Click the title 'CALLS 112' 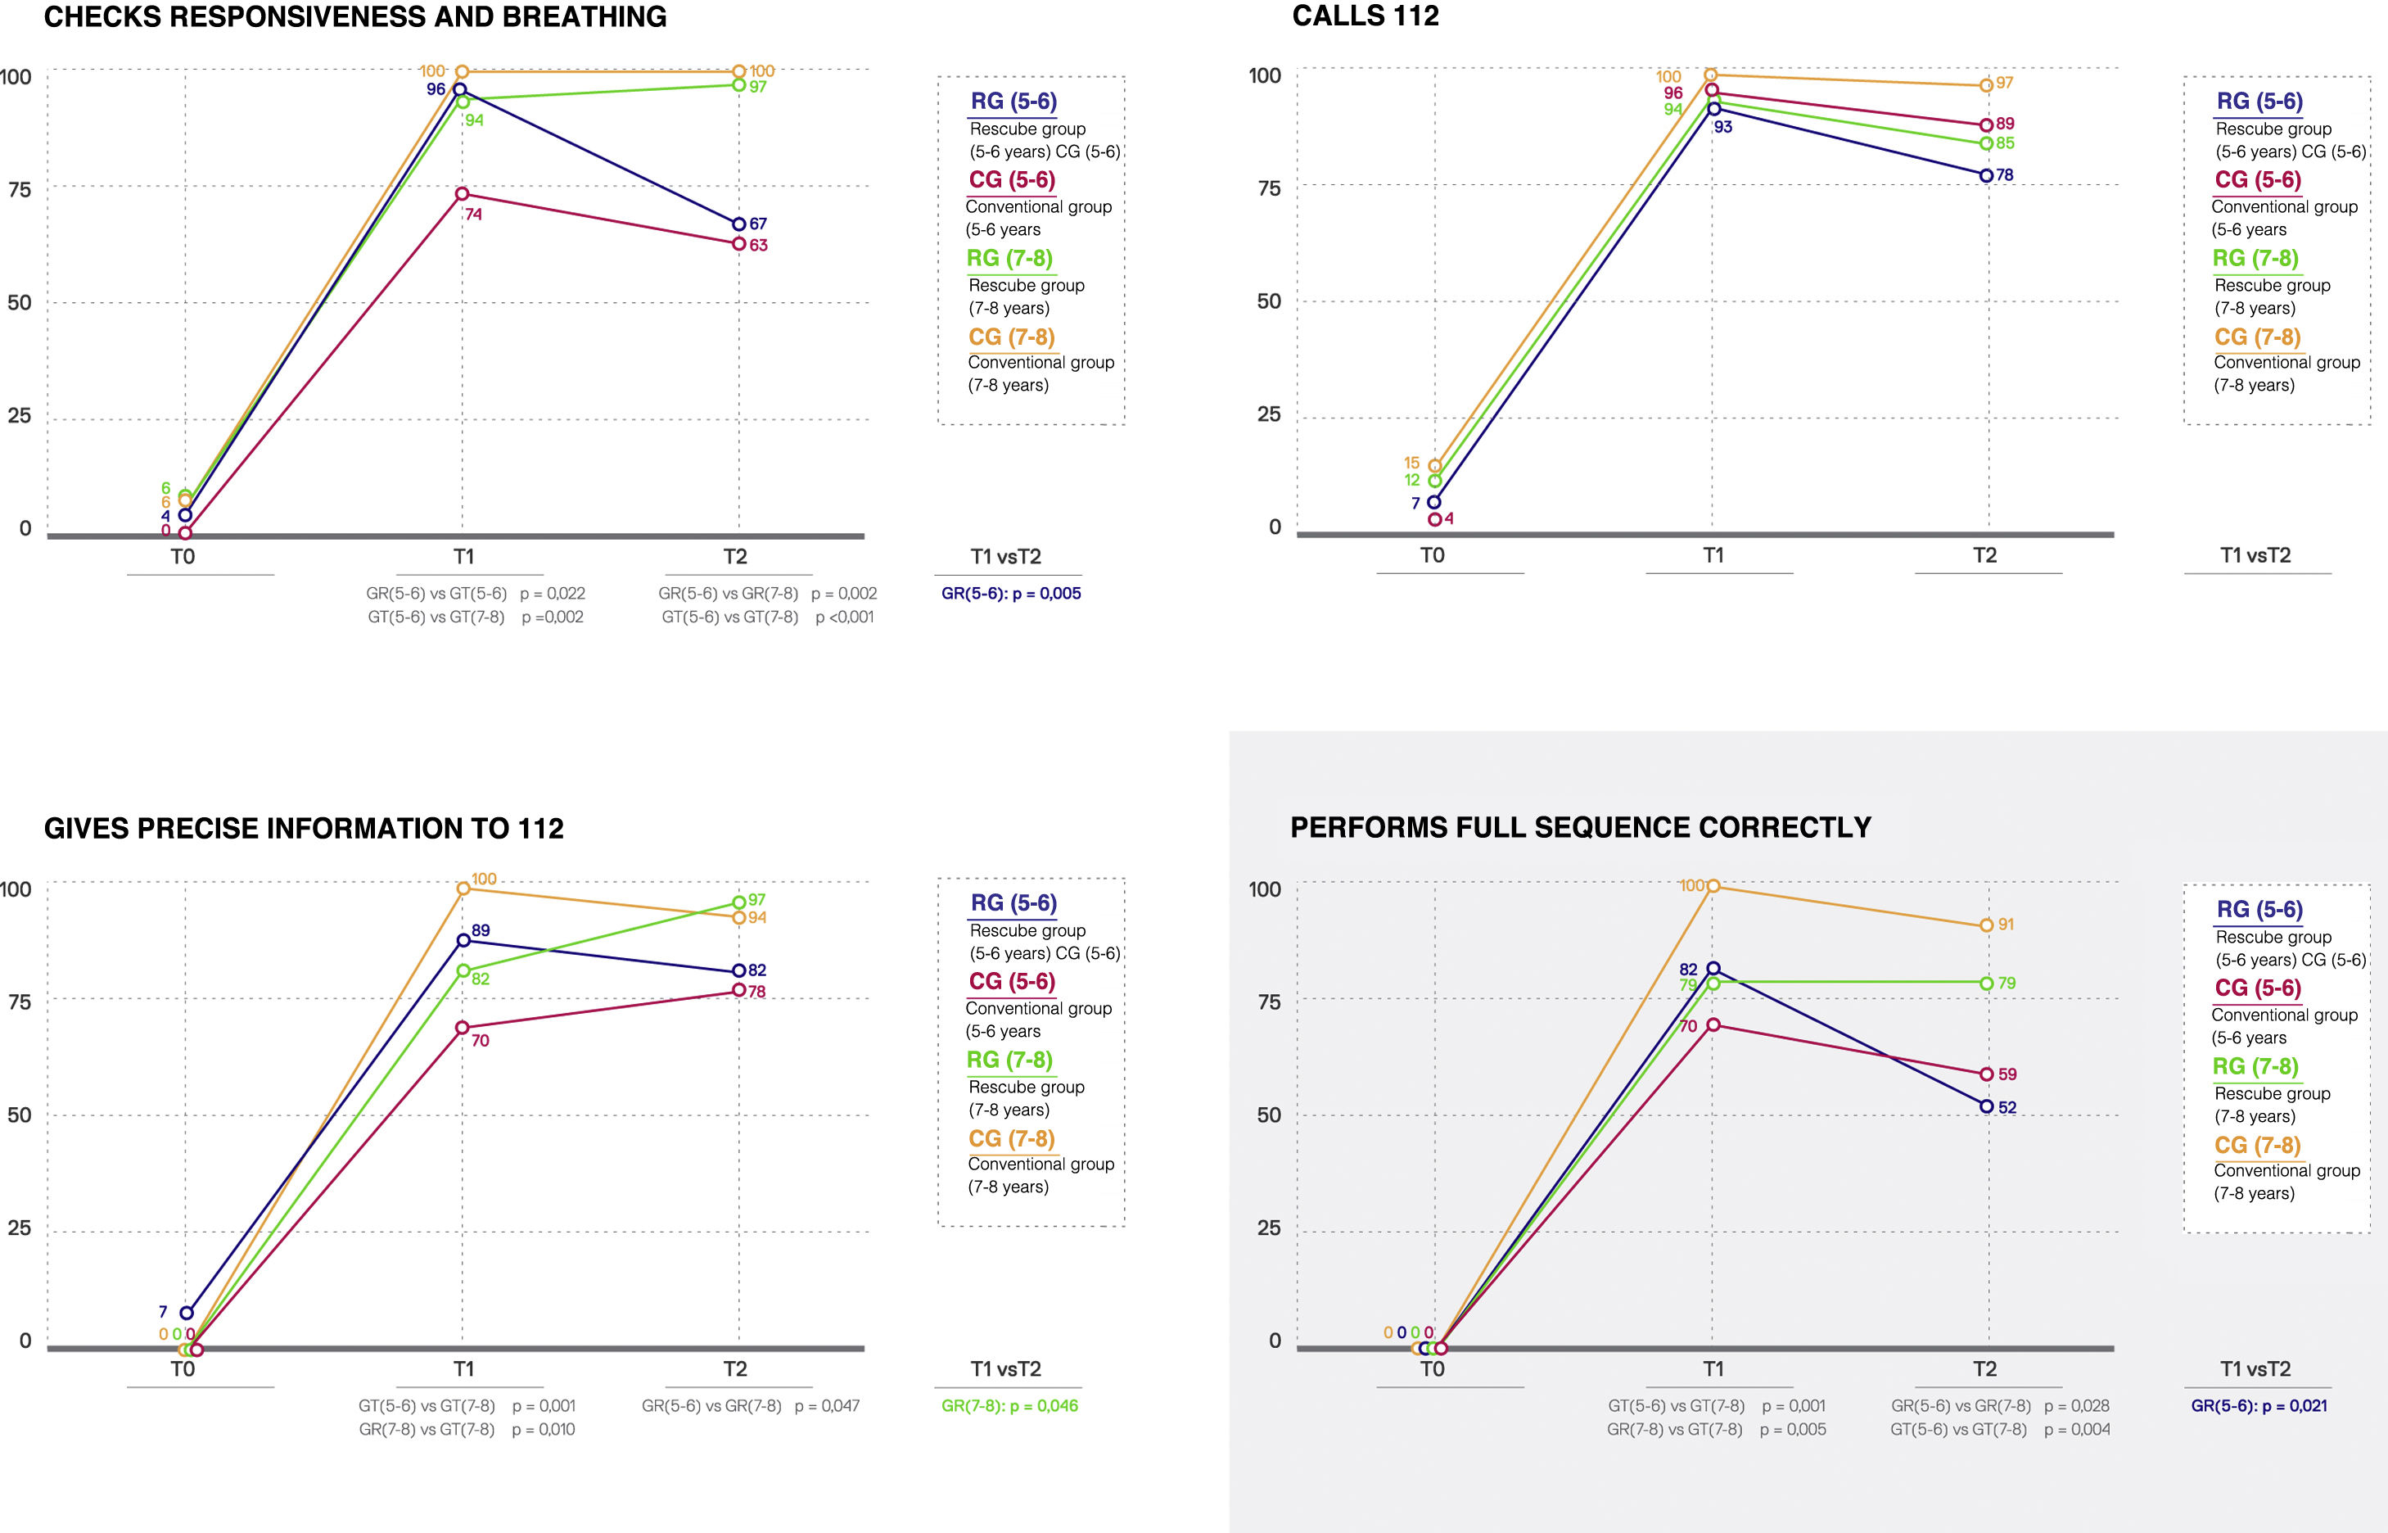click(1366, 16)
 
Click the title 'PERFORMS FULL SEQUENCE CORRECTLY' click(1580, 827)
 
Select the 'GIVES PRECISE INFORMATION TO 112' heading click(304, 828)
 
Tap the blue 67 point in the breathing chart click(738, 224)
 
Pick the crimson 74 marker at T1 click(462, 193)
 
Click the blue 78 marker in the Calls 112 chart click(1986, 175)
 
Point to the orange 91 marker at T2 click(1986, 925)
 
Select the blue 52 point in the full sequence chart click(1986, 1106)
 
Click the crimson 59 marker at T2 click(1986, 1074)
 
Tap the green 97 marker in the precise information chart click(738, 902)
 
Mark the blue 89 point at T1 click(463, 940)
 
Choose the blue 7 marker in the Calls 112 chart click(1433, 502)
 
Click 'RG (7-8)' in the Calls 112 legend click(2255, 258)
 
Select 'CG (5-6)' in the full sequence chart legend click(2258, 988)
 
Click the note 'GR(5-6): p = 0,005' click(1011, 593)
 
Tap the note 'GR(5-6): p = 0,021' click(2259, 1405)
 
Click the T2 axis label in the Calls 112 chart click(1984, 555)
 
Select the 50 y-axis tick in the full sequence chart click(1269, 1115)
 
